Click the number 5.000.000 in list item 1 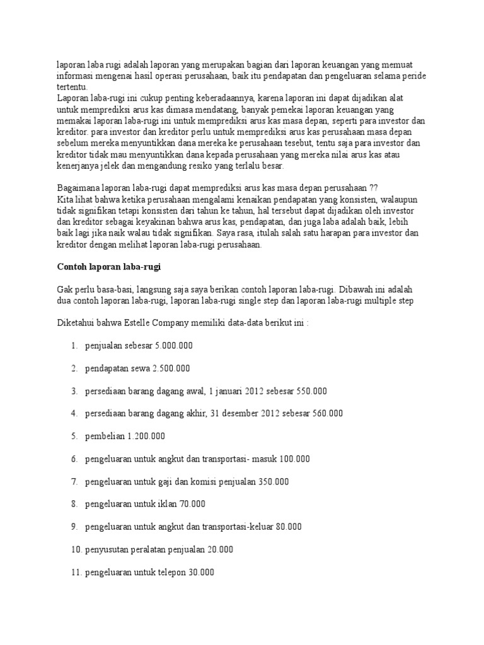coord(171,345)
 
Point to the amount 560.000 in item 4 coord(326,414)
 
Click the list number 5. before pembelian coord(74,436)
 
